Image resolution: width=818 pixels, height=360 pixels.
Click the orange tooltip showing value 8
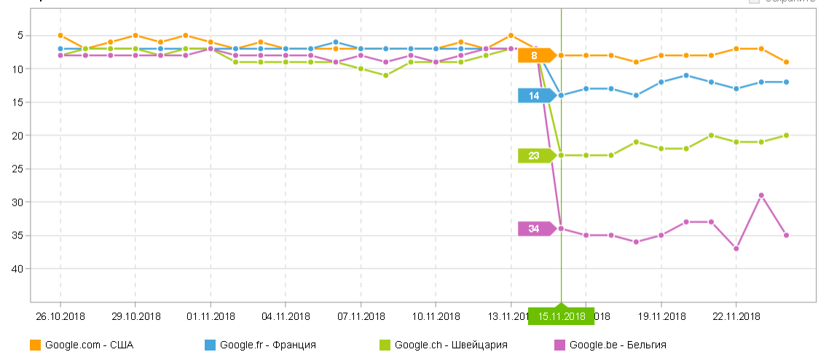coord(535,55)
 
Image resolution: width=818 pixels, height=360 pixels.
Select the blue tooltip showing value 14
coord(535,95)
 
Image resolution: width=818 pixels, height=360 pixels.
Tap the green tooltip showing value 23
coord(535,155)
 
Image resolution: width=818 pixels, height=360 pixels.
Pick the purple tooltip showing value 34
coord(535,229)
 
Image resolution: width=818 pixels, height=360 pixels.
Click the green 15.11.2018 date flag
coord(562,316)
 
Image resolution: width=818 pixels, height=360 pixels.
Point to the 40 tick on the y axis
coord(18,269)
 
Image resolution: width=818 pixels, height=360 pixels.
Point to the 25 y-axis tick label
coord(18,169)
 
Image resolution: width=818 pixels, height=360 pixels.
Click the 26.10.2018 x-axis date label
coord(60,316)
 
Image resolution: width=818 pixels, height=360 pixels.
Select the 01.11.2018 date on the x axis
coord(211,316)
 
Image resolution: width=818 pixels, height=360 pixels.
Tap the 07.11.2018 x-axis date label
coord(361,316)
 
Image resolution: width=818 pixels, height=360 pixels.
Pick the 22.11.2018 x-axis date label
coord(736,316)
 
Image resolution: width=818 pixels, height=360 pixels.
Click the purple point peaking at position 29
coord(761,195)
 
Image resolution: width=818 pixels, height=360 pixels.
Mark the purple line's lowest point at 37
coord(736,249)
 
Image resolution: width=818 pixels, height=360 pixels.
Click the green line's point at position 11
coord(385,75)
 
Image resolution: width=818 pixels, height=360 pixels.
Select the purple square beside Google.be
coord(559,345)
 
